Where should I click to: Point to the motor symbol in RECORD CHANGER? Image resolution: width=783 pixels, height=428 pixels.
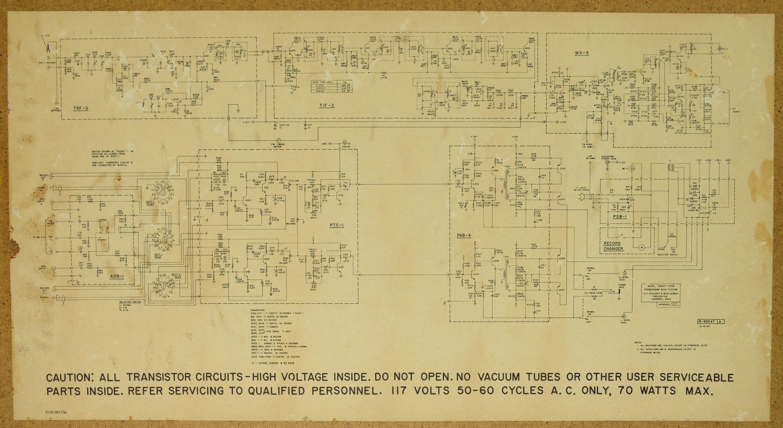pos(641,247)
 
